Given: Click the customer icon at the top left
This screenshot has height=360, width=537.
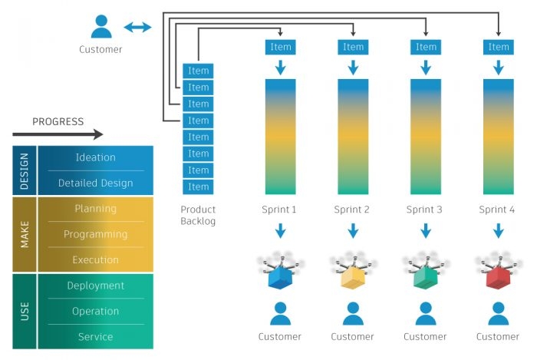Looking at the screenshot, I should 100,27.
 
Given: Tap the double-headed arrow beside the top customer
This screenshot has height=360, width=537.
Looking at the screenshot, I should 138,28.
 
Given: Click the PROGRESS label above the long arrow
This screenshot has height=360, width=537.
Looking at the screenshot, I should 58,121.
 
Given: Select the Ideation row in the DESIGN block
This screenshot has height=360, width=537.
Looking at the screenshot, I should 95,157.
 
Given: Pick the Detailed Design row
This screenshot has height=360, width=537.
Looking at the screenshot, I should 95,183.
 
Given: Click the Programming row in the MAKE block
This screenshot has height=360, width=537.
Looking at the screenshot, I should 95,234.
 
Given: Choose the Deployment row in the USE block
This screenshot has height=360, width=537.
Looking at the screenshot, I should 95,286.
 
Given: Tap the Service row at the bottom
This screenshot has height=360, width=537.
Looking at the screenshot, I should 95,336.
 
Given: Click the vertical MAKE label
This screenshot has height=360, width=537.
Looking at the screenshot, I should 25,234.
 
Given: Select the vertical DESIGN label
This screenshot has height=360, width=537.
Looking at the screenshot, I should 25,170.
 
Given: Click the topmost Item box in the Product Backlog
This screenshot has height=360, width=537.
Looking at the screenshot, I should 198,71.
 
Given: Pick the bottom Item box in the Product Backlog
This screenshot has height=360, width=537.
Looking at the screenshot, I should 198,187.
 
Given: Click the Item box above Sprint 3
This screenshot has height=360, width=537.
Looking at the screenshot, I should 426,47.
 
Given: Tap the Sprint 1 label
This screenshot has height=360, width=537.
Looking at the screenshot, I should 280,210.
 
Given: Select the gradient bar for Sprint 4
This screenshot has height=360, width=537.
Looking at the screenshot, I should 498,136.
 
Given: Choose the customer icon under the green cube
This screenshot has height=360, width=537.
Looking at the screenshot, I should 426,313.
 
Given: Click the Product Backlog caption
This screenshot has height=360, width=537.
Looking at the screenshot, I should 198,215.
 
